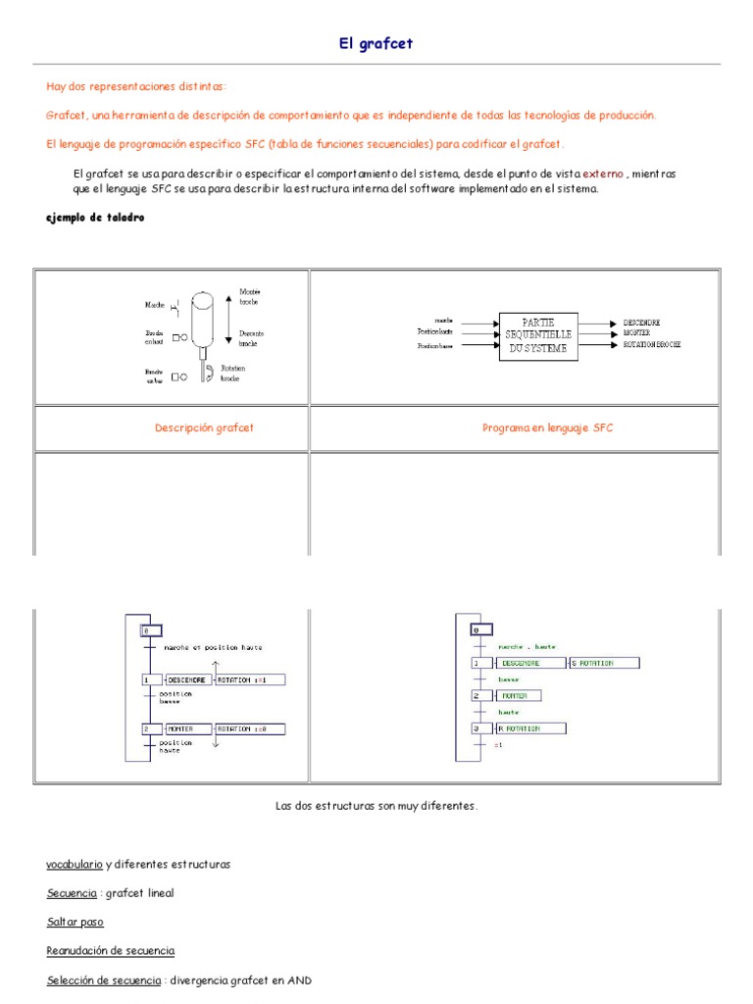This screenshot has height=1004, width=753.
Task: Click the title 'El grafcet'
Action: click(376, 44)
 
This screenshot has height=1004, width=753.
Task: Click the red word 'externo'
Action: click(603, 174)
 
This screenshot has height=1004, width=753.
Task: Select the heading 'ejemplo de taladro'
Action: click(95, 217)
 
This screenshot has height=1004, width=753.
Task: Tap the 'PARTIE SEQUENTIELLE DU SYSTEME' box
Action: click(538, 336)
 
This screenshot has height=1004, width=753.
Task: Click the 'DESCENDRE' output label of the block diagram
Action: click(641, 323)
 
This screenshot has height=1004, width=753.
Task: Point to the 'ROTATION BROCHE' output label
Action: click(652, 345)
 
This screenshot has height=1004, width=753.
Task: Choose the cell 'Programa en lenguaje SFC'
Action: click(548, 427)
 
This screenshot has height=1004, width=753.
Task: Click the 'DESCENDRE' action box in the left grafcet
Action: click(187, 679)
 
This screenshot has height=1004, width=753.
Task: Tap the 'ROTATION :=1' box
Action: click(249, 679)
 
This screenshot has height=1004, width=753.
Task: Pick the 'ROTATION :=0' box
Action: click(249, 728)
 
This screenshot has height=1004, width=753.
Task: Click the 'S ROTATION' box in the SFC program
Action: click(603, 664)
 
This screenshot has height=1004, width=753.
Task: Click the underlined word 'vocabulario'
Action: click(74, 864)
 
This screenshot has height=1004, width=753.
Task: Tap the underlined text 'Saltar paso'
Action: click(75, 922)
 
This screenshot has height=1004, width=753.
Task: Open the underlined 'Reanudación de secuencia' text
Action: click(111, 950)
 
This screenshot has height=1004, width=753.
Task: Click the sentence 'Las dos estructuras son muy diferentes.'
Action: click(376, 805)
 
